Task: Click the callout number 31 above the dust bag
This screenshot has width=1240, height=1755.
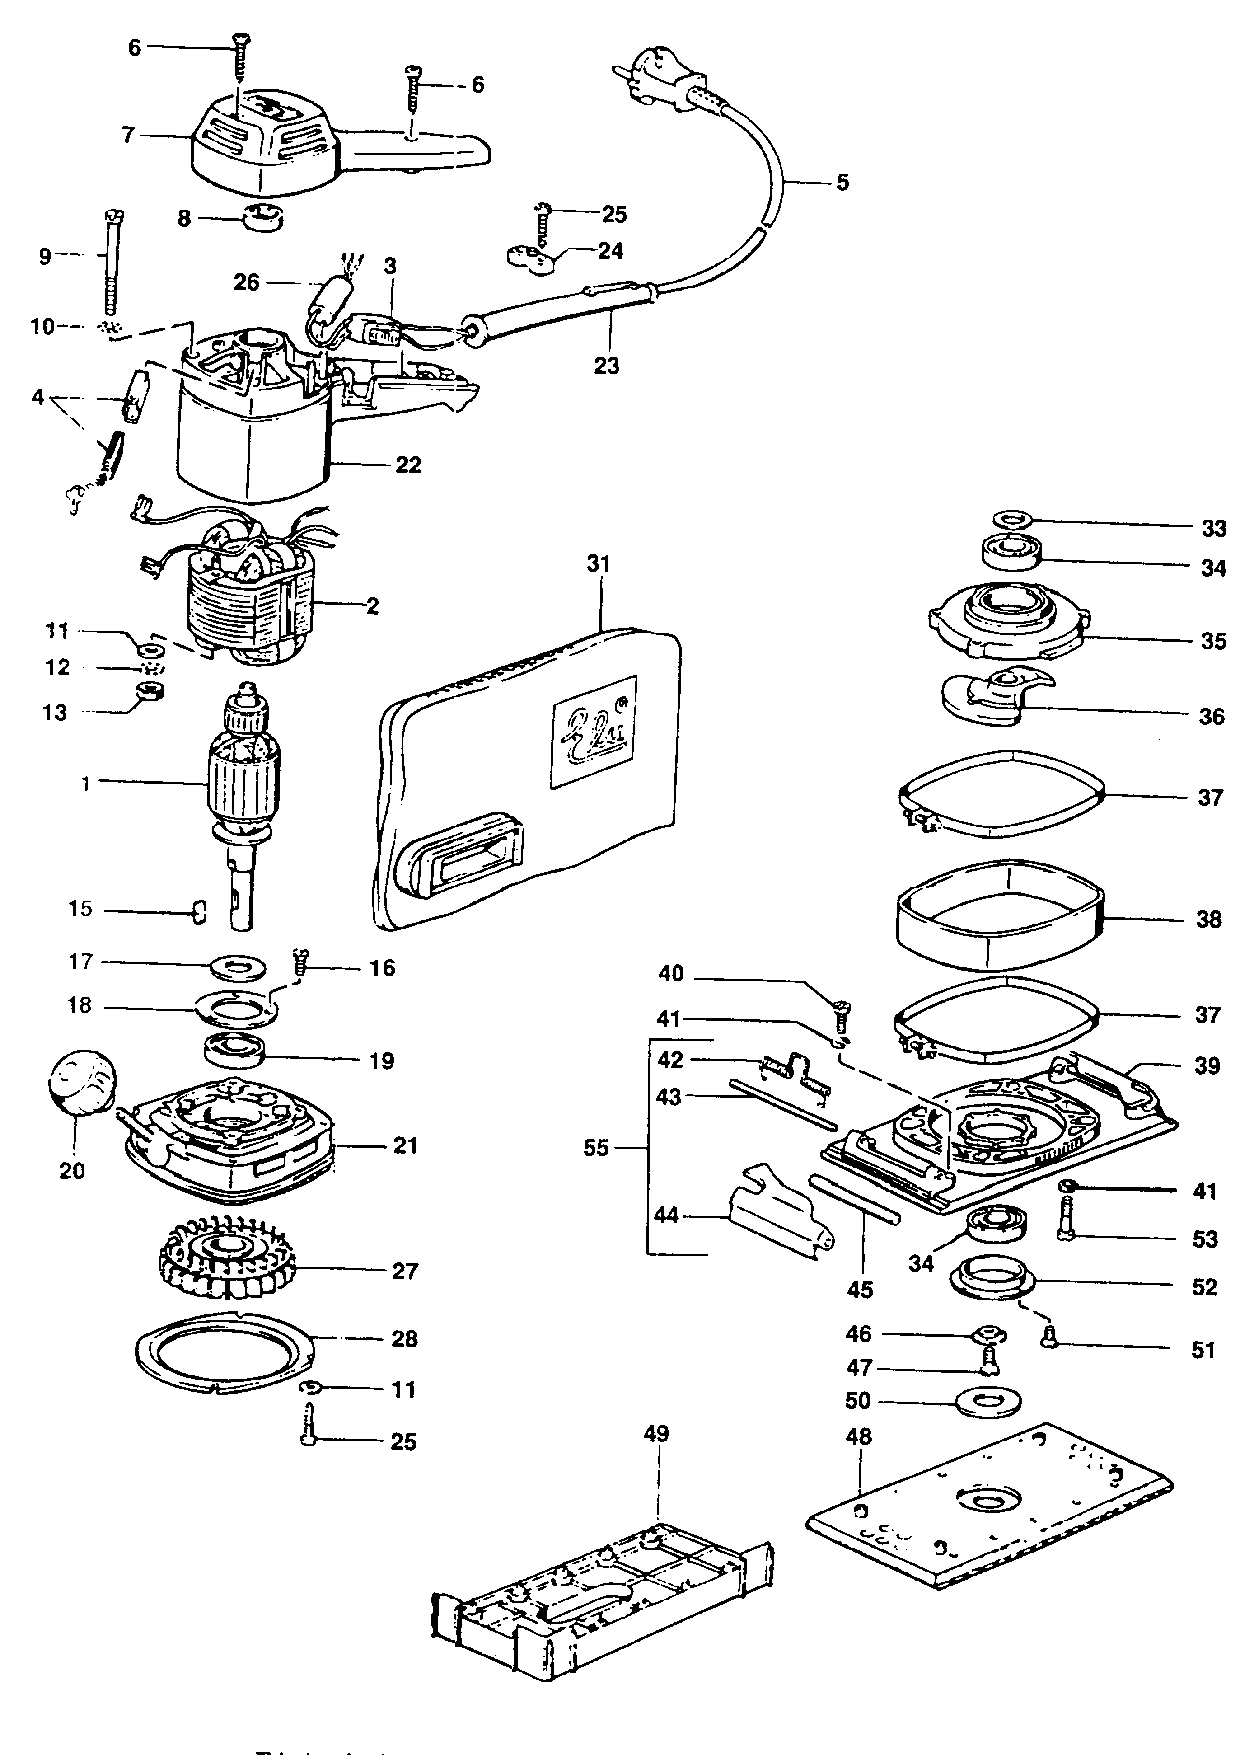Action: click(x=598, y=563)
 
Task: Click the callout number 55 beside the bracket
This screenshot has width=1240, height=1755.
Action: click(x=595, y=1148)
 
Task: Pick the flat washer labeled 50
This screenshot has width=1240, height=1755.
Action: click(x=989, y=1401)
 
